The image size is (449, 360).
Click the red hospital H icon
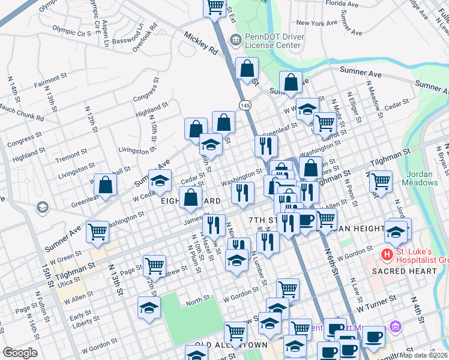click(388, 256)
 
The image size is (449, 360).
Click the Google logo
click(20, 353)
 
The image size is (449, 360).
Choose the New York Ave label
click(318, 23)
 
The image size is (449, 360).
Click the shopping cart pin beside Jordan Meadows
click(381, 180)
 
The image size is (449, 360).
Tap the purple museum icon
click(396, 327)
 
